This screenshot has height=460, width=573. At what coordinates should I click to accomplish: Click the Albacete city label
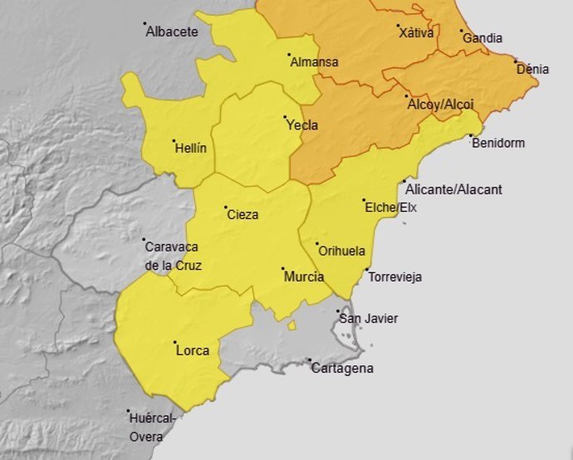172,32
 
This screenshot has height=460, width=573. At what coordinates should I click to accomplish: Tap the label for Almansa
313,62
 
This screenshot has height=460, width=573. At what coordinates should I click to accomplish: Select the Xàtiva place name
416,33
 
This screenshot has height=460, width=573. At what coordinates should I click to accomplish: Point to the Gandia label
482,38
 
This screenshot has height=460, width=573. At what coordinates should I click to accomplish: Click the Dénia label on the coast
532,69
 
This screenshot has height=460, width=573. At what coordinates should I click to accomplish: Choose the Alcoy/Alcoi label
440,105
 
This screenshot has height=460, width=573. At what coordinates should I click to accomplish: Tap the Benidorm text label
497,143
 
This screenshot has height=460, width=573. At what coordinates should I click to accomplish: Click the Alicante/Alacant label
453,189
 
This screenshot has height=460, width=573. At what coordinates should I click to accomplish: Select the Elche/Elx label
390,207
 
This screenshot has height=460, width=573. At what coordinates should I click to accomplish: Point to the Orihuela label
342,251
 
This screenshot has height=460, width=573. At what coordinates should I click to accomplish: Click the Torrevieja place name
394,276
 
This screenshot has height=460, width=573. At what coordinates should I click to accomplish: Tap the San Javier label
369,318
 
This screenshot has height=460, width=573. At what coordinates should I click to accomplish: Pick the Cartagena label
342,368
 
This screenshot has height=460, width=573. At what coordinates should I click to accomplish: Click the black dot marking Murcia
282,269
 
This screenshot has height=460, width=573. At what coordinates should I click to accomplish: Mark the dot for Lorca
174,342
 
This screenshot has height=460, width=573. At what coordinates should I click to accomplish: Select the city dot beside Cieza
225,207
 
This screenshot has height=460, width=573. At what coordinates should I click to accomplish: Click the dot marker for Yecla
285,117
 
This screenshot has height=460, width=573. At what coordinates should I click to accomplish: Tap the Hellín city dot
174,140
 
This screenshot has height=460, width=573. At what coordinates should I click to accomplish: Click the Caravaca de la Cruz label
173,256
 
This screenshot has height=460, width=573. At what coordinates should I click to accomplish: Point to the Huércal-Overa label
152,427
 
